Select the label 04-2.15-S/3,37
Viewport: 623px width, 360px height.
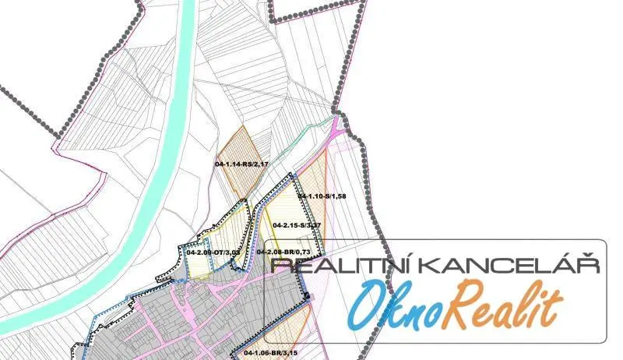pyautogui.click(x=297, y=225)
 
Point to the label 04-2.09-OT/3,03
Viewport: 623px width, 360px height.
pyautogui.click(x=213, y=252)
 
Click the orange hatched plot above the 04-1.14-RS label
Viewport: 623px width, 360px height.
pyautogui.click(x=241, y=144)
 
